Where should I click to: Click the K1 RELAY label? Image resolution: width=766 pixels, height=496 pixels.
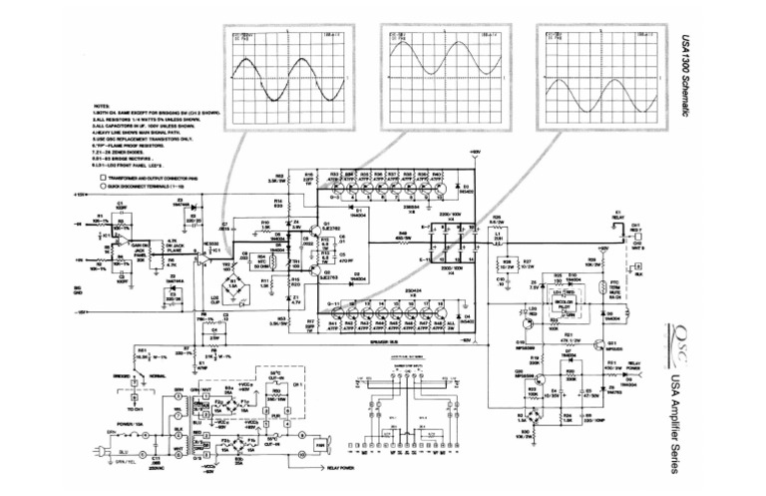[x=617, y=215]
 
